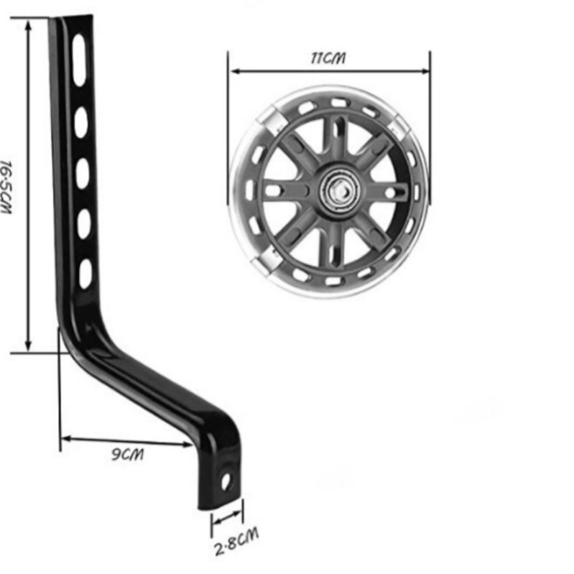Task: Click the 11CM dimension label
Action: click(x=328, y=59)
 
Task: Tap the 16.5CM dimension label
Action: click(x=6, y=187)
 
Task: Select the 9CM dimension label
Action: click(x=128, y=455)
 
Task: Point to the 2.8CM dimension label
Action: click(x=236, y=542)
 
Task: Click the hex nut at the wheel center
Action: click(x=340, y=190)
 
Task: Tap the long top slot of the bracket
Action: click(x=80, y=60)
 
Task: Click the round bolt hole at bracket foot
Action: click(x=226, y=481)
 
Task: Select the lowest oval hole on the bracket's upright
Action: click(x=85, y=274)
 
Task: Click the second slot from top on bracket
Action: click(x=81, y=122)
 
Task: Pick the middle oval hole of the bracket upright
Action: click(x=83, y=173)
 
